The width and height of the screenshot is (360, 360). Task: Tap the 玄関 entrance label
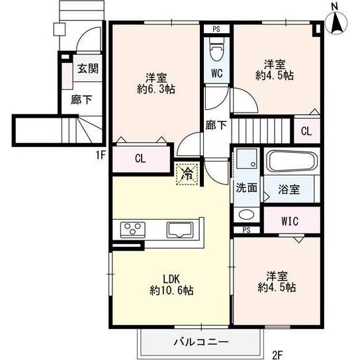(x=86, y=68)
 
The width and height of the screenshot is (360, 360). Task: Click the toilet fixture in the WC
(x=216, y=50)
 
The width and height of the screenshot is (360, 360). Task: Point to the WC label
(x=216, y=74)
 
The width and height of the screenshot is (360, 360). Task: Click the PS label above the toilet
(x=216, y=29)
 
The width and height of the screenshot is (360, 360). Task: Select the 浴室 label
(x=290, y=189)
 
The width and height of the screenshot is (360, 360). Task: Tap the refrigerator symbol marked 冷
(x=187, y=174)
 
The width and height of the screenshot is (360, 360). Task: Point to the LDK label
(x=171, y=278)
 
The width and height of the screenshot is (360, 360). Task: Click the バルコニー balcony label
(x=201, y=342)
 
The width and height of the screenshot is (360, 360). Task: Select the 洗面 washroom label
(x=247, y=187)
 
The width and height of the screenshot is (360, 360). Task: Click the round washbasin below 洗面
(x=246, y=214)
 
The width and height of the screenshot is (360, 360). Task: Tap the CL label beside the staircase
(x=306, y=131)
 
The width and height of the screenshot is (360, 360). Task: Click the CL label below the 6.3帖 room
(x=140, y=159)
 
